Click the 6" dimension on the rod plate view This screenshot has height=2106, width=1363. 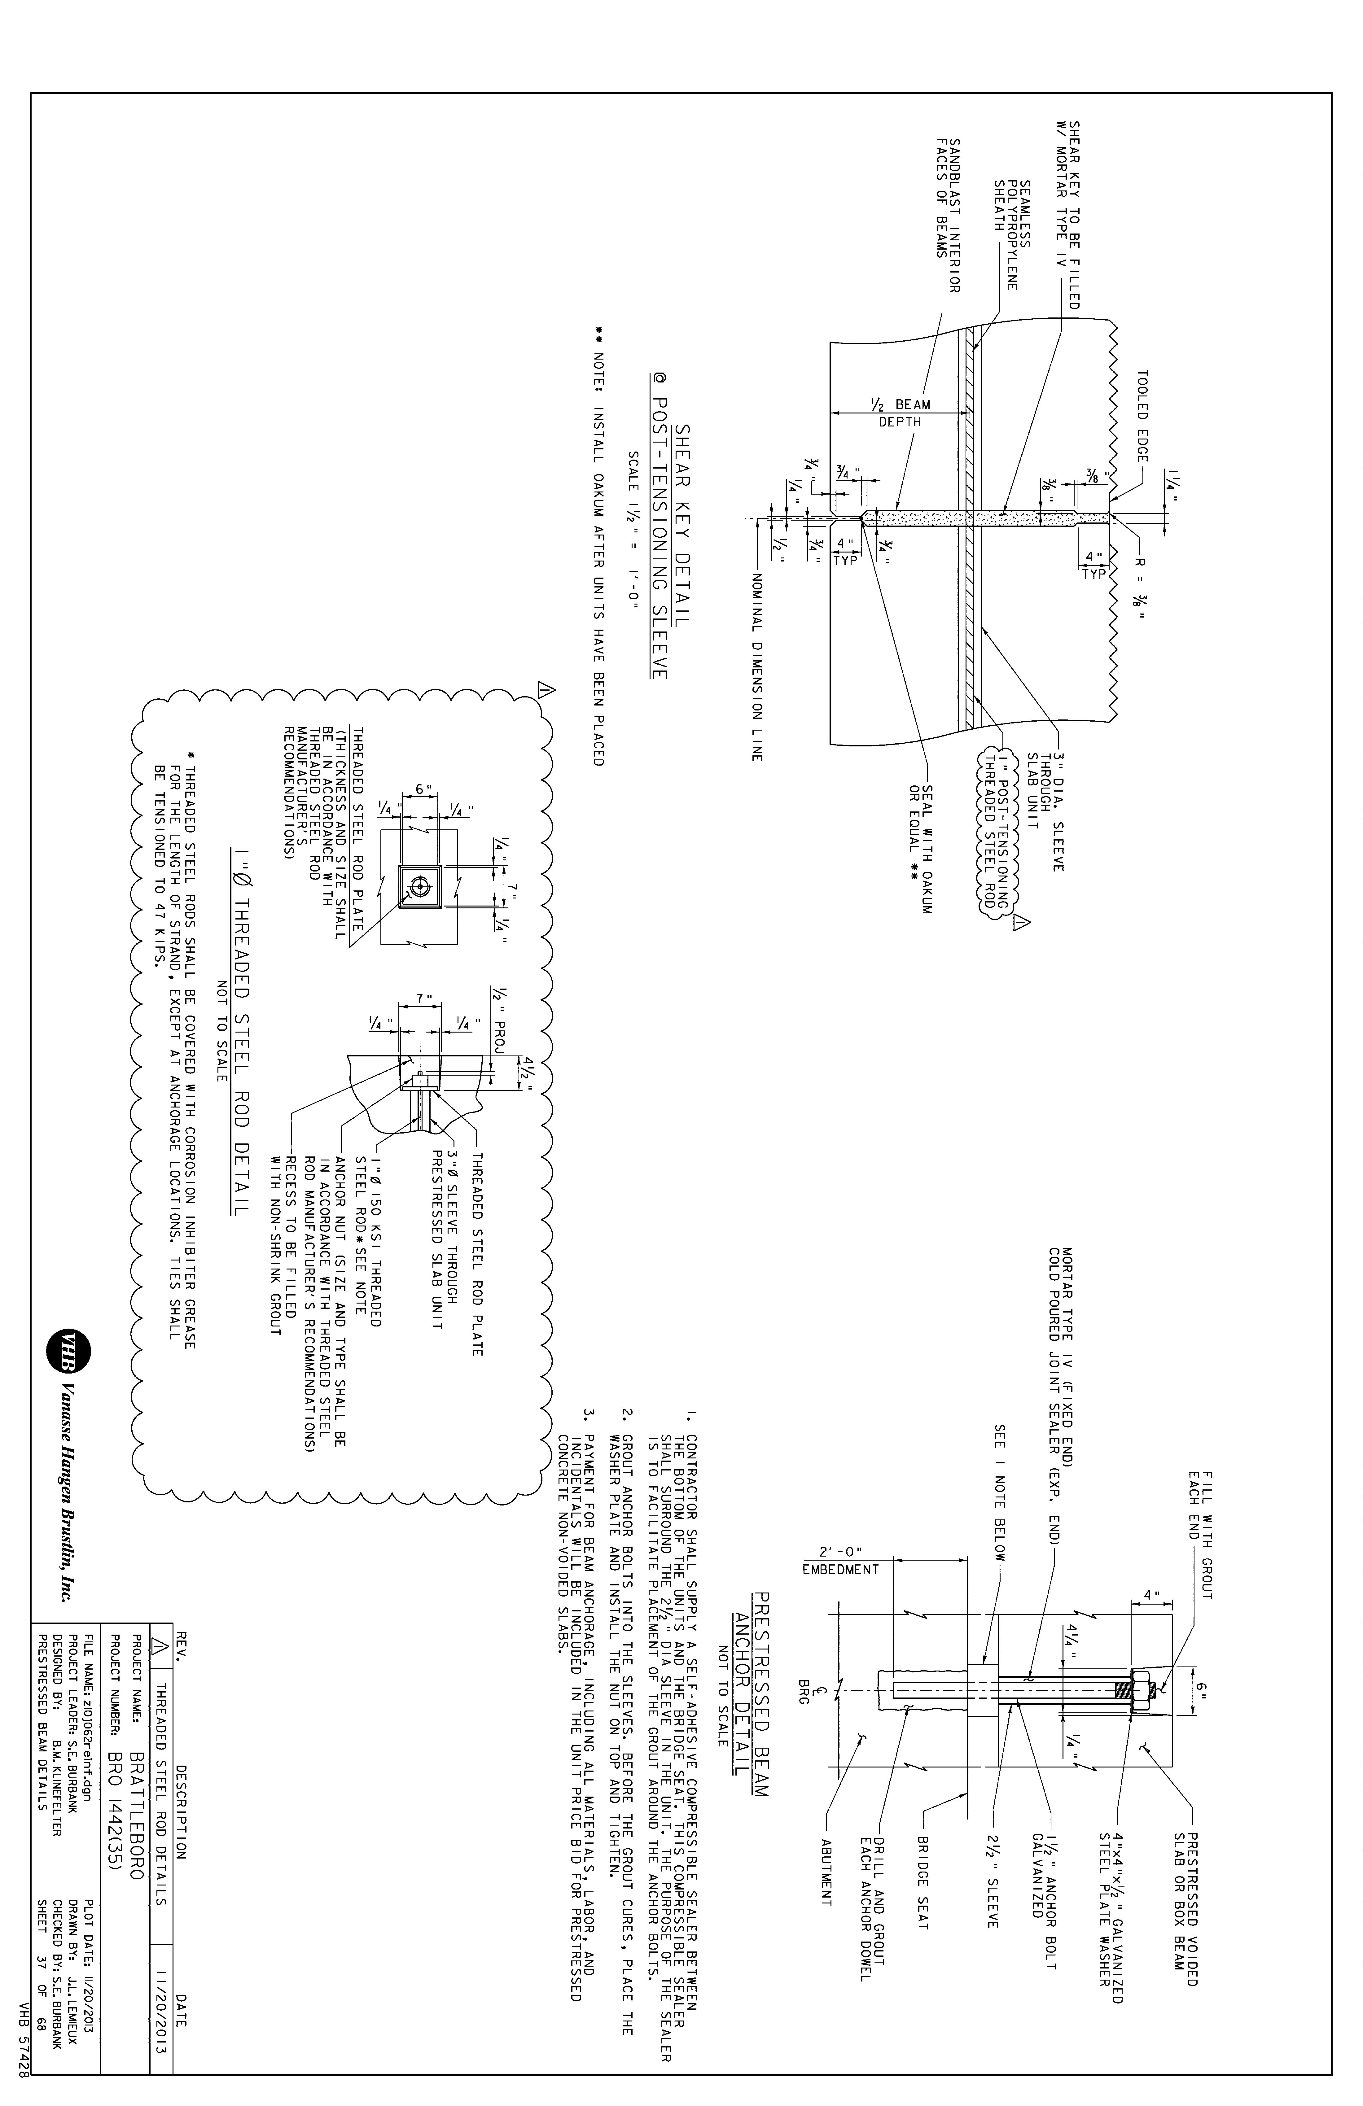click(423, 789)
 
